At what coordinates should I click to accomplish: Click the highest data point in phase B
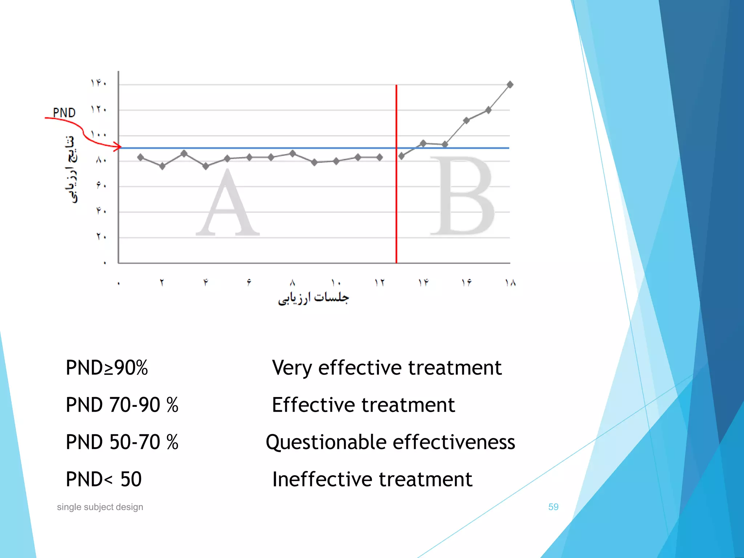click(x=510, y=85)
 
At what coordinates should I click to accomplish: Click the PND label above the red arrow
click(x=64, y=113)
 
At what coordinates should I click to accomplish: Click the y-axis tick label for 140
click(x=98, y=83)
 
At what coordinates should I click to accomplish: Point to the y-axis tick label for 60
click(x=101, y=185)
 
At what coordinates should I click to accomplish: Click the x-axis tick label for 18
click(x=510, y=283)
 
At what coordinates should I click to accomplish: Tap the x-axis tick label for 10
click(x=336, y=283)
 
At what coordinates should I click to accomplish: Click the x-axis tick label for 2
click(x=162, y=283)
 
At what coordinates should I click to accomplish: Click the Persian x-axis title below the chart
click(x=313, y=298)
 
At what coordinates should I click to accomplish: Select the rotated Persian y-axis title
click(x=71, y=169)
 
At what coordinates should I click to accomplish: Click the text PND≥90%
click(x=107, y=368)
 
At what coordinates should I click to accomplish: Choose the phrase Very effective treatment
click(x=387, y=368)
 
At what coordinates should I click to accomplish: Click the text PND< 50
click(x=104, y=479)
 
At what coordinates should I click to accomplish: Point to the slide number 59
click(x=553, y=507)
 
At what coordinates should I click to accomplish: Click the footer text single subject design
click(x=100, y=507)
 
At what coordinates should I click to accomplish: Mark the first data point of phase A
click(x=141, y=157)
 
